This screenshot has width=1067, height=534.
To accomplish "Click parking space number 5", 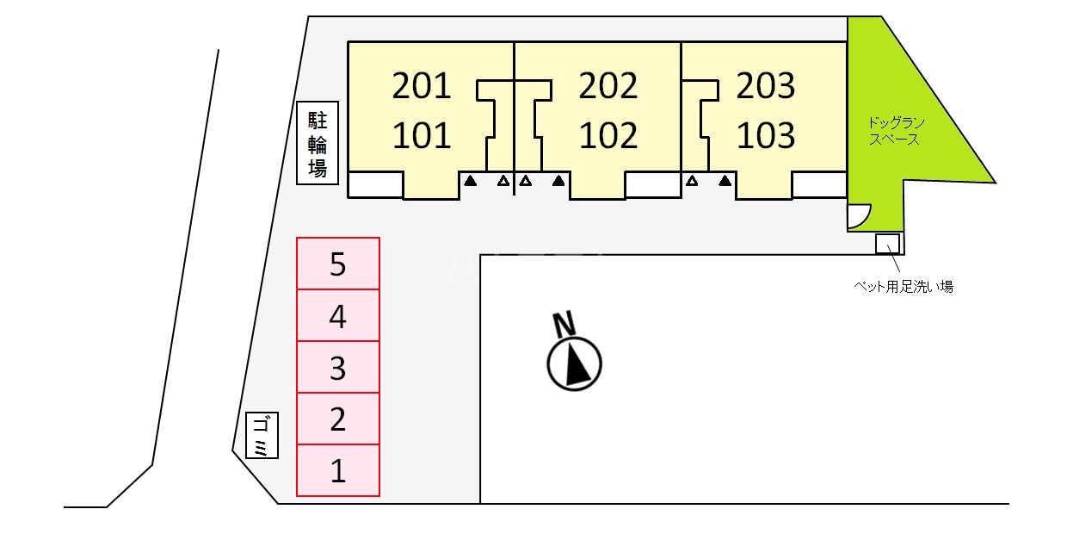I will [x=338, y=264].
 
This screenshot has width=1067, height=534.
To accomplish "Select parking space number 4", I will [x=338, y=316].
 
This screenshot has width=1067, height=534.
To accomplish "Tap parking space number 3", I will [x=338, y=368].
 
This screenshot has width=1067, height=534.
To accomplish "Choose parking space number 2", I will [x=338, y=419].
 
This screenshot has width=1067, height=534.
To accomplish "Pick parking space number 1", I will [x=338, y=471].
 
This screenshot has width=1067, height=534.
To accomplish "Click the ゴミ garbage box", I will [x=262, y=436].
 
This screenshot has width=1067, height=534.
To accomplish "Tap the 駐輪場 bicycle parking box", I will [x=318, y=143].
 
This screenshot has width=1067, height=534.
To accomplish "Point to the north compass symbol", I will [x=575, y=363].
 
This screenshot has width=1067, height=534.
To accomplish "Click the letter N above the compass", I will [x=564, y=325].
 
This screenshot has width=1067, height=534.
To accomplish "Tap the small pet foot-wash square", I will [x=887, y=244].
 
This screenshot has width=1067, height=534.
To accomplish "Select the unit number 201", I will [x=421, y=85].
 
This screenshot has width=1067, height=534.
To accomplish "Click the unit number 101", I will [x=421, y=135].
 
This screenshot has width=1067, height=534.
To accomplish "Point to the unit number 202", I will [x=608, y=85].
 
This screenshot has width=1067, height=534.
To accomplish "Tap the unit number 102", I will [x=608, y=135].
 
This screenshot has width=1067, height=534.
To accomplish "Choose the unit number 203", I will [x=766, y=85].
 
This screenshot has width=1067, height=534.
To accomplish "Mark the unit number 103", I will [x=766, y=135].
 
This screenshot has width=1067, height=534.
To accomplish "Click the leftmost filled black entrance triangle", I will [x=471, y=181].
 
